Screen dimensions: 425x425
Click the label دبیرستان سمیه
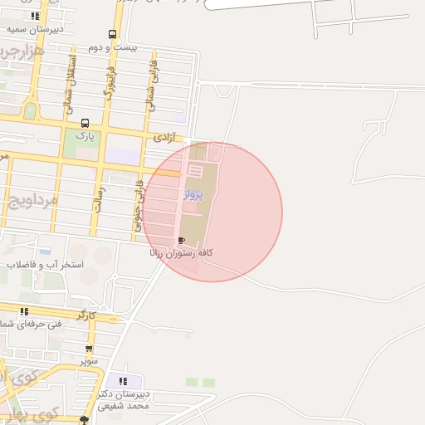34,28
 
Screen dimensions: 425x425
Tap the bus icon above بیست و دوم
112,35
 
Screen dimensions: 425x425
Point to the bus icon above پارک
85,122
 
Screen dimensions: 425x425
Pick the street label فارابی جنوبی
138,207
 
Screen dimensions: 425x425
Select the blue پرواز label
193,196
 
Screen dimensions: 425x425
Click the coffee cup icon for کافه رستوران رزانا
182,240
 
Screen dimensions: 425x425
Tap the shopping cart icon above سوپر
89,349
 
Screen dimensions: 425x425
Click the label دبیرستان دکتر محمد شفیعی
124,400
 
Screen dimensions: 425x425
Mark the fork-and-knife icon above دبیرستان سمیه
35,15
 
